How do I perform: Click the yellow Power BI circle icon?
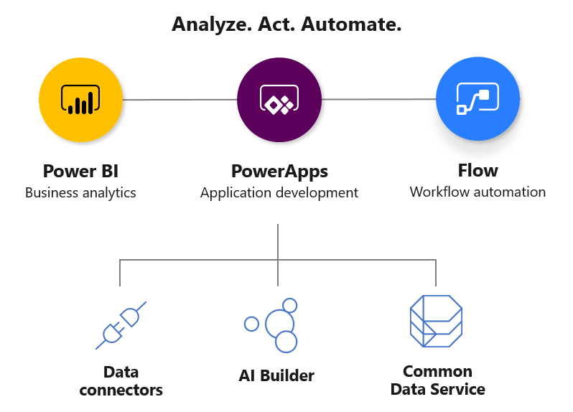coord(80,99)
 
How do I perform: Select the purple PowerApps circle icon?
coord(279,99)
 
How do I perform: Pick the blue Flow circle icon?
coord(478,99)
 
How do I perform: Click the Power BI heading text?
coord(80,171)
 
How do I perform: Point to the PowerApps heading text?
coord(279,172)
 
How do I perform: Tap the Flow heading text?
coord(478,171)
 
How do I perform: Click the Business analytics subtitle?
coord(80,192)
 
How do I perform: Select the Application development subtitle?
coord(279,192)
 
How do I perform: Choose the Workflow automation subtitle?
coord(478,192)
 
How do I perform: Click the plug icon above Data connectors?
coord(121,325)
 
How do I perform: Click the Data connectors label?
coord(121,381)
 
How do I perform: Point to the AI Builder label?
coord(276,375)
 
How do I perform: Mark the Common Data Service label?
coord(437,380)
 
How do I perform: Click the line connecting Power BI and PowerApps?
coord(180,100)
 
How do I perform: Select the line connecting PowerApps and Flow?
coord(378,100)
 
